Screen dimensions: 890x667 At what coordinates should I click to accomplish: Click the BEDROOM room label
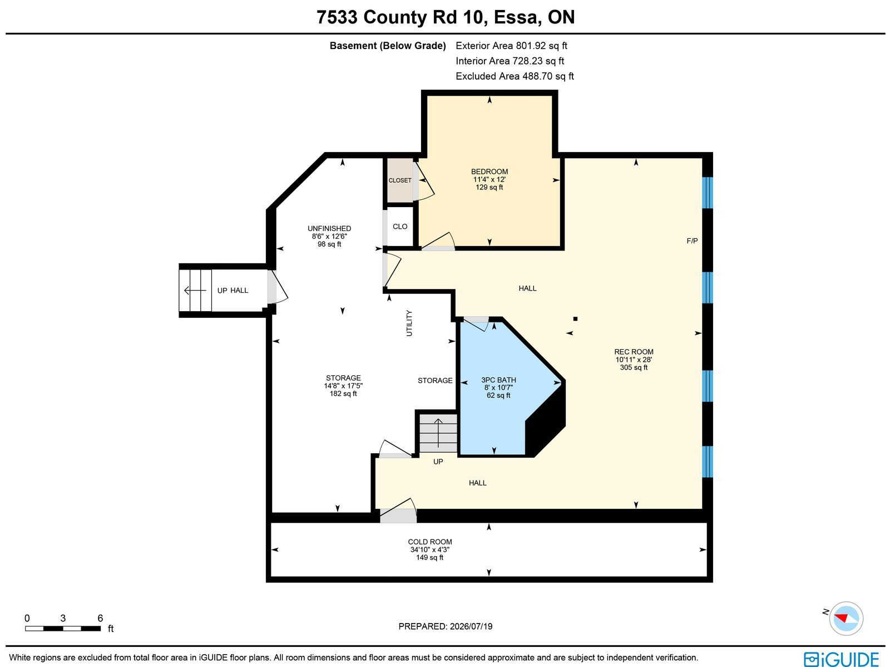tap(489, 171)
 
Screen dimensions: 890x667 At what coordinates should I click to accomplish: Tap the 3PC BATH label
tap(498, 380)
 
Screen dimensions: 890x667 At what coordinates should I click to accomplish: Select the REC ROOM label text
tap(634, 352)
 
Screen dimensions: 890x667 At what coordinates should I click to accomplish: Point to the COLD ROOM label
tap(429, 542)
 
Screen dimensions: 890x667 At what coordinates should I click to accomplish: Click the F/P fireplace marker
tap(692, 241)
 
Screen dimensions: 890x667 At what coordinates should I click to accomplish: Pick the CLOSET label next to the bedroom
tap(400, 180)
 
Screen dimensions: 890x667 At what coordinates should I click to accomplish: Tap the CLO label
tap(400, 227)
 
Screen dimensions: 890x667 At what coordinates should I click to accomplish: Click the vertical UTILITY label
tap(409, 323)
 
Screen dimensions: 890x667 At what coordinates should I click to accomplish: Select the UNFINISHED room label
tap(329, 228)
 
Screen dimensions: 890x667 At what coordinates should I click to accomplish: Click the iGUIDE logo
tap(842, 658)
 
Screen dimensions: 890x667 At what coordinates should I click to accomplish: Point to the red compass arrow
tap(842, 618)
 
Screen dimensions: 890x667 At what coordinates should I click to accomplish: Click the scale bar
tap(63, 629)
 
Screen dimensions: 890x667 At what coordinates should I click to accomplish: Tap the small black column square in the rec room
tap(575, 319)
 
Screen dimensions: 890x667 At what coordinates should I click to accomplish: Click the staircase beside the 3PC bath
tap(438, 433)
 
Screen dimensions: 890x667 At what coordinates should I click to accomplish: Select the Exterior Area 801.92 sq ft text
tap(511, 46)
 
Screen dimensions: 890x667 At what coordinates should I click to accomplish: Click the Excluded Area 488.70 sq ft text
tap(515, 76)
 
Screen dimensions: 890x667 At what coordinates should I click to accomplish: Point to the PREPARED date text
tap(445, 626)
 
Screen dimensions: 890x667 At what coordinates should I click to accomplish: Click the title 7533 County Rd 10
tap(400, 17)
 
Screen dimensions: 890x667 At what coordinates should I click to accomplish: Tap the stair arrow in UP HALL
tap(195, 290)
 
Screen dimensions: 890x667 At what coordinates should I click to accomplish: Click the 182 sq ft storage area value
tap(343, 393)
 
